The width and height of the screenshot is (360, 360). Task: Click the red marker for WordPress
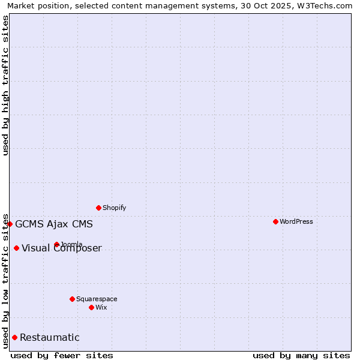(x=275, y=221)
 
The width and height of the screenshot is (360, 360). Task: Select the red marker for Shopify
(x=98, y=208)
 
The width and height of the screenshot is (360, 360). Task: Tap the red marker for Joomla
(x=56, y=244)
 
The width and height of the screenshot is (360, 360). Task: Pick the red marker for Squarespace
(x=72, y=299)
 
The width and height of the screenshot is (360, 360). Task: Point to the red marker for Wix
(x=91, y=307)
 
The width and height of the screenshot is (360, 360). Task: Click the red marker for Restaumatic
(x=14, y=337)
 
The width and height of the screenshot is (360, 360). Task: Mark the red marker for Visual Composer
(x=16, y=248)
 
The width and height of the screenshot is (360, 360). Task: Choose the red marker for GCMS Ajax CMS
(x=10, y=224)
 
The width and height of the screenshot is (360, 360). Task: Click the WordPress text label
(x=296, y=221)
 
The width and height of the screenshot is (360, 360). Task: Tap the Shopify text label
(x=115, y=208)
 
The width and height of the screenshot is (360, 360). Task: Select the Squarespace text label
(x=97, y=299)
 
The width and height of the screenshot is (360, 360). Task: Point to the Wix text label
(x=101, y=307)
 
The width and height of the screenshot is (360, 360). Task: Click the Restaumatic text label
(x=50, y=337)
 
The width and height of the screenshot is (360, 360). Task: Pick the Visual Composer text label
(x=62, y=248)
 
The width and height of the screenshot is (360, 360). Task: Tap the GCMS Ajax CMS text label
(x=54, y=224)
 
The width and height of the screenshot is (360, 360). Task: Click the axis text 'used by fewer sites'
(x=62, y=355)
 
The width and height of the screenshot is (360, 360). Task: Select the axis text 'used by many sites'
(x=301, y=355)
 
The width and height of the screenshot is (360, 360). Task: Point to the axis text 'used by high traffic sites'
(x=5, y=85)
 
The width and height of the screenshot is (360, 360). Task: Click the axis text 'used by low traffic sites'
(x=5, y=280)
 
